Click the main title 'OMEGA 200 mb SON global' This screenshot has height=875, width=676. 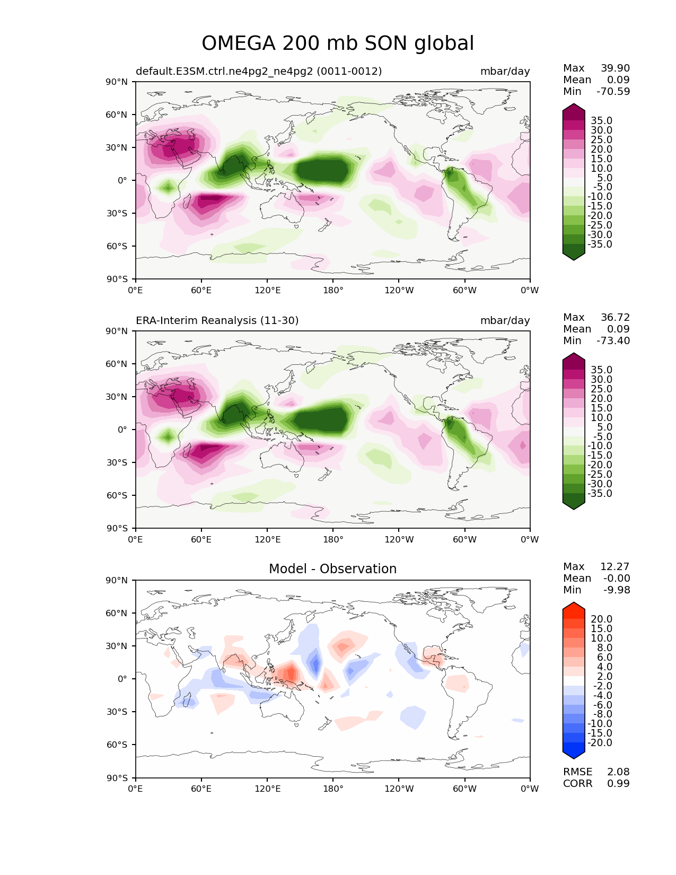point(338,43)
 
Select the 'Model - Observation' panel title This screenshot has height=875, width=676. point(332,569)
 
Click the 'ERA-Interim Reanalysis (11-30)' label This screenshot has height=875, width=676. point(217,321)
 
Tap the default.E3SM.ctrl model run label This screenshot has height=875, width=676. point(259,72)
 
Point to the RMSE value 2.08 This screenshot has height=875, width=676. point(618,772)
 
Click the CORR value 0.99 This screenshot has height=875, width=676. point(618,784)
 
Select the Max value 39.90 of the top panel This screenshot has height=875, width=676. point(615,68)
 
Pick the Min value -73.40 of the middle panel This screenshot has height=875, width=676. point(613,341)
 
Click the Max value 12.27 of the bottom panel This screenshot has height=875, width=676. point(615,567)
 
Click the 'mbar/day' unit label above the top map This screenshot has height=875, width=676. point(505,72)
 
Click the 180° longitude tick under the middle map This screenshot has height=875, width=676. point(333,540)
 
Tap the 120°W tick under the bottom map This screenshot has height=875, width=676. point(399,789)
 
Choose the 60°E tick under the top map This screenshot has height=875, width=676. point(201,291)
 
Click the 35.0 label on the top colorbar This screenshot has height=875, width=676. point(601,121)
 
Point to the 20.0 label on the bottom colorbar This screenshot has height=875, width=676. point(601,619)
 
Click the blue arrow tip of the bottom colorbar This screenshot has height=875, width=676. point(574,755)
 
